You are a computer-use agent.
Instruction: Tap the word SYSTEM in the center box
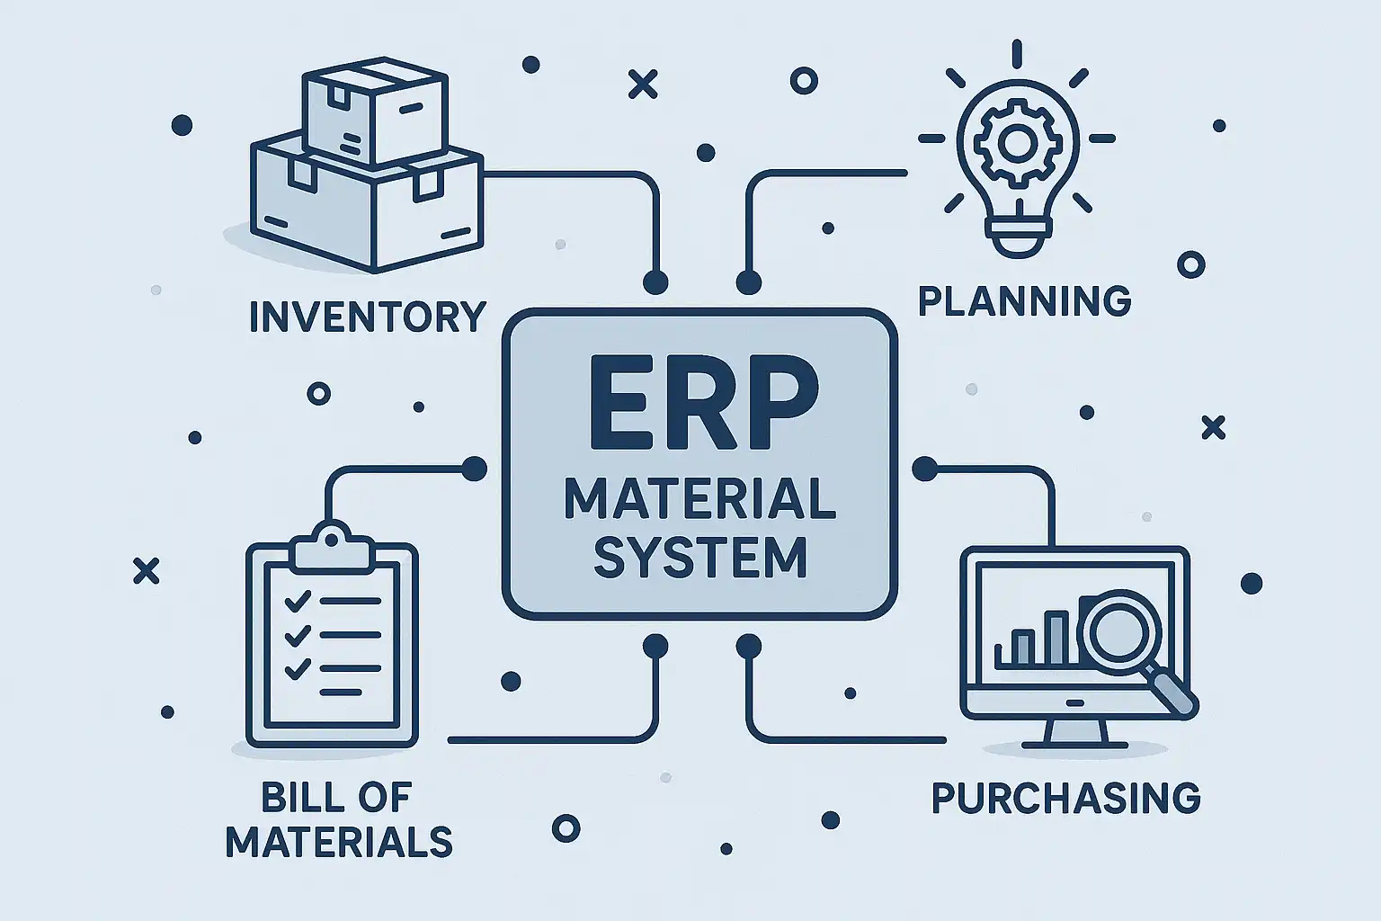(x=699, y=557)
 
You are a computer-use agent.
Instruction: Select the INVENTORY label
(x=367, y=317)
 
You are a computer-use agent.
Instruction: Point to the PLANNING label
(x=1024, y=300)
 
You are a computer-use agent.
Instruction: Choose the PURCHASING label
(x=1065, y=798)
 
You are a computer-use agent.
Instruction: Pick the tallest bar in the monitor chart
(x=1056, y=639)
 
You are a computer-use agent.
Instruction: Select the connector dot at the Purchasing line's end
(x=924, y=469)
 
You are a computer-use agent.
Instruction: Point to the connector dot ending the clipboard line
(x=473, y=468)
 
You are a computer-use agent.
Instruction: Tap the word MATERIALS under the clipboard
(x=339, y=843)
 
